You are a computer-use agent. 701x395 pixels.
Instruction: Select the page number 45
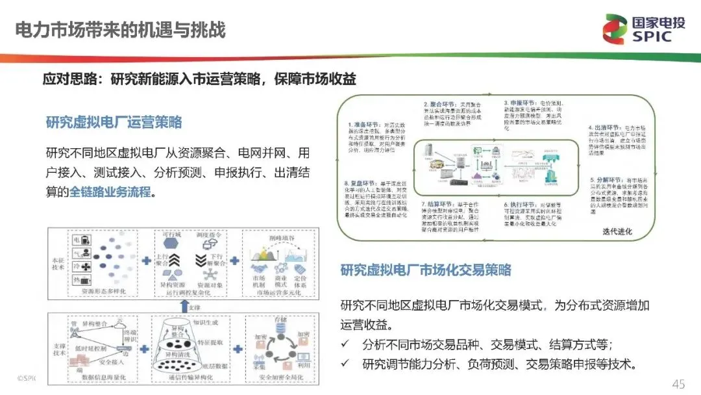(678, 384)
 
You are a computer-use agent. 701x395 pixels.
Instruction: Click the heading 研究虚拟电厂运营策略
(114, 122)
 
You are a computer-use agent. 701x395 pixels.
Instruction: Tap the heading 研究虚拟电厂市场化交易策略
(426, 270)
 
